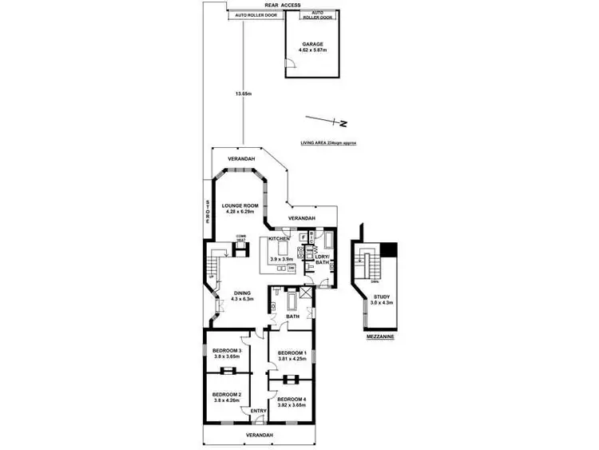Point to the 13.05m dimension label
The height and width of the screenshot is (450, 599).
tap(243, 94)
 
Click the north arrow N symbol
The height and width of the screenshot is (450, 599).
tap(341, 124)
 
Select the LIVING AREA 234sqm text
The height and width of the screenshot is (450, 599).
tap(327, 142)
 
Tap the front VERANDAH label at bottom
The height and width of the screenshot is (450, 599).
tap(259, 435)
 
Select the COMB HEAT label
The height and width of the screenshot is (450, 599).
tap(240, 237)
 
